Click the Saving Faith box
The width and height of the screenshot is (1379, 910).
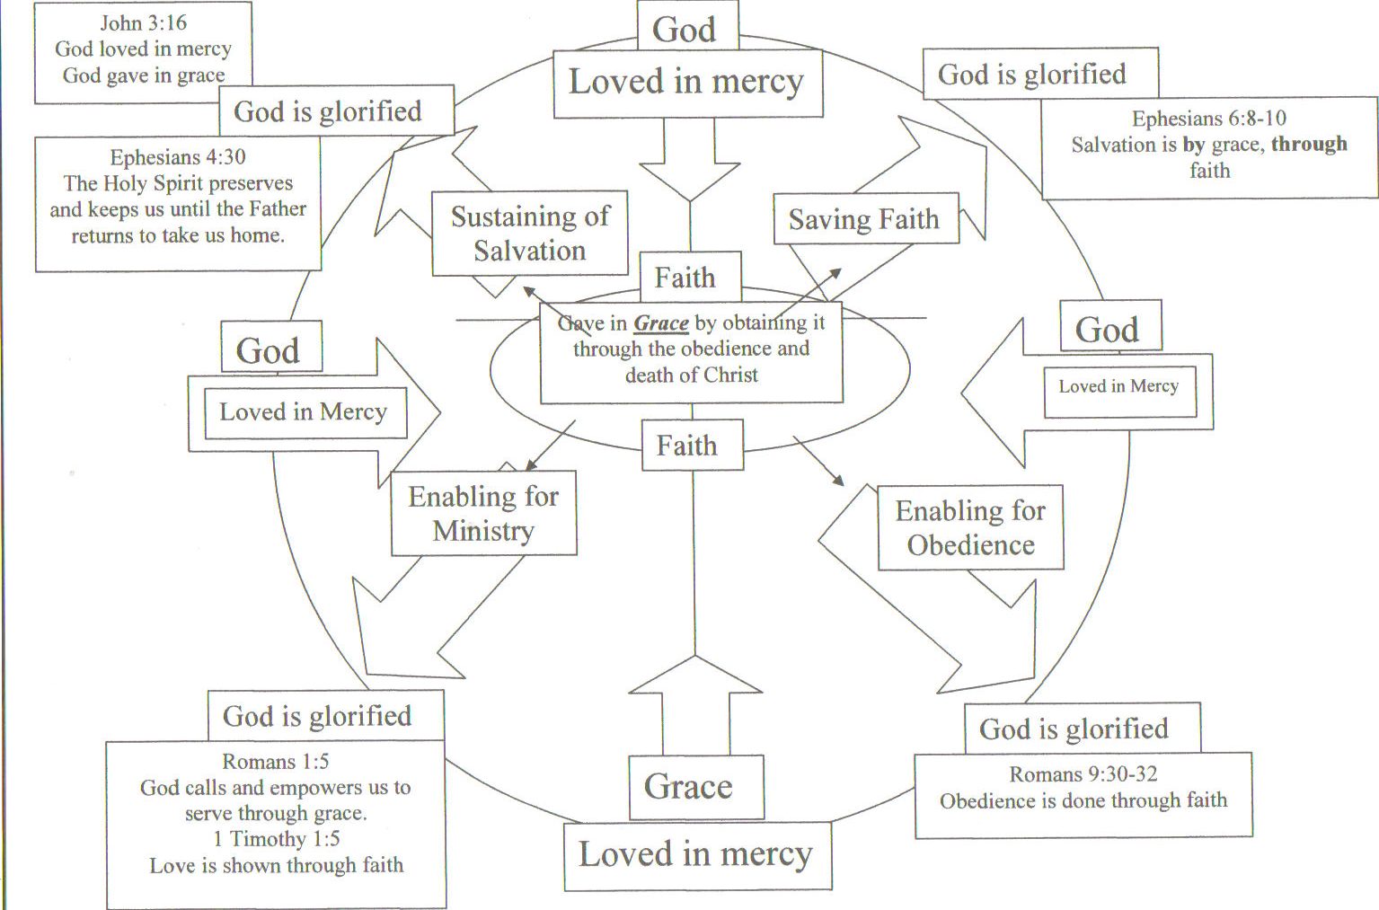[865, 219]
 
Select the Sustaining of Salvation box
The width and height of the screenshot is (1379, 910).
[530, 234]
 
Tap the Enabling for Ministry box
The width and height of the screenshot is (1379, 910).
[483, 514]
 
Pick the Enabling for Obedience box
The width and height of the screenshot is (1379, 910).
[970, 528]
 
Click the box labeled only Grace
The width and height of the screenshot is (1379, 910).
[688, 787]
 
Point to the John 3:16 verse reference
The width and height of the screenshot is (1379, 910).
[144, 22]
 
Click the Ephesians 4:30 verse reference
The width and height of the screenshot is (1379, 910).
[178, 157]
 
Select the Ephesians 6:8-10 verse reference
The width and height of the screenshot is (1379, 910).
[1208, 119]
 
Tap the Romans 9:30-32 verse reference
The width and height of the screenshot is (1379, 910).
[1083, 774]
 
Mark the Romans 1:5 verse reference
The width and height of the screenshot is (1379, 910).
[275, 762]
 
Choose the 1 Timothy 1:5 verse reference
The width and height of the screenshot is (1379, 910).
[277, 839]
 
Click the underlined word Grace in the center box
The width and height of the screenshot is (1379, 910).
[661, 323]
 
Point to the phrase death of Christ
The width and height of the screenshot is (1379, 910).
[692, 375]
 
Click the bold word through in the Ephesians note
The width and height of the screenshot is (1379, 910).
[1309, 145]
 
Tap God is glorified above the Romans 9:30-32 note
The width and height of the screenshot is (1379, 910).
[1074, 729]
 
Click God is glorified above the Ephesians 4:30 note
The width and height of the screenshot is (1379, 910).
[328, 111]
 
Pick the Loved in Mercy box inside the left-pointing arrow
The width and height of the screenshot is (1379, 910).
[1118, 386]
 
